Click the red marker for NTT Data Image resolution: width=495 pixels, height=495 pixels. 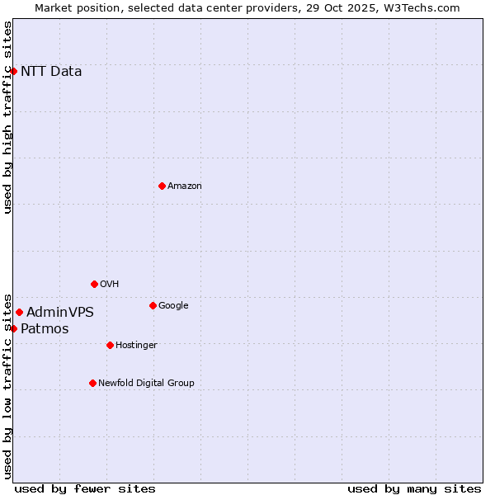13,71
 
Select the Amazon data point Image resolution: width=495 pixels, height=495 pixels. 162,186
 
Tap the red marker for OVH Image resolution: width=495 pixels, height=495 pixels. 94,284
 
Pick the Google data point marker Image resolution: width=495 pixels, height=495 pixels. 153,305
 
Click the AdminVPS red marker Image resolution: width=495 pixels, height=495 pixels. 19,312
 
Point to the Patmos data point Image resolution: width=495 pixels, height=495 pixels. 13,328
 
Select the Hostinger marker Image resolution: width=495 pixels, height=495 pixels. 110,345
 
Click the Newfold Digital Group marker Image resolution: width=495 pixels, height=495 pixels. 92,383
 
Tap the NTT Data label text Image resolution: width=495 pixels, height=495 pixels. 51,71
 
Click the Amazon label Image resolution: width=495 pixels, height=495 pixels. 185,186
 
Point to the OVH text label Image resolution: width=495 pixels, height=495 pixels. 110,284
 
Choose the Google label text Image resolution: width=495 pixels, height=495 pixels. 173,305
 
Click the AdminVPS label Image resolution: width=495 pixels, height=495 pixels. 60,312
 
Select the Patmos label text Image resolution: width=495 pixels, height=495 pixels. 45,328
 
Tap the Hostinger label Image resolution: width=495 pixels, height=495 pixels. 136,345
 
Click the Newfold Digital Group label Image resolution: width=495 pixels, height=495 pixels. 146,383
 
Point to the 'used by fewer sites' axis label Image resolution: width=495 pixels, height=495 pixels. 85,488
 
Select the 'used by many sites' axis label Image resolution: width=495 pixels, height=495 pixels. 414,488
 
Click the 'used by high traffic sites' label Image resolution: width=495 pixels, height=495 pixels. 7,117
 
